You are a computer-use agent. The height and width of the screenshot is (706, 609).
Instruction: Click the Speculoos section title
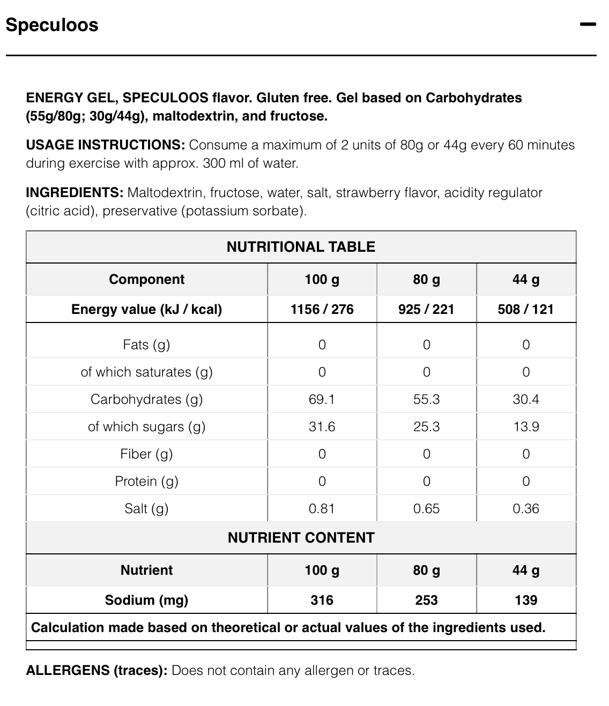pos(52,25)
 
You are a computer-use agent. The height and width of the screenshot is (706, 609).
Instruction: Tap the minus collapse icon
pos(588,24)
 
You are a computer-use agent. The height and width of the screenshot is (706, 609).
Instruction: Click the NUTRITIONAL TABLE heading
pos(301,247)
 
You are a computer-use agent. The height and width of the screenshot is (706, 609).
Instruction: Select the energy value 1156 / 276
pos(322,309)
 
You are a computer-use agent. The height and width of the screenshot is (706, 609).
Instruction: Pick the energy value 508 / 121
pos(525,309)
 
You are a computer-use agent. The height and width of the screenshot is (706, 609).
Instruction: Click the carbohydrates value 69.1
pos(322,399)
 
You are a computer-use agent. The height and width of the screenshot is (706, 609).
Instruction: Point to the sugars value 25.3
pos(426,426)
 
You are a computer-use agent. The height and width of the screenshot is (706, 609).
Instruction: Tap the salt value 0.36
pos(525,508)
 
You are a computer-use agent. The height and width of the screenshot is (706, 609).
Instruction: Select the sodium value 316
pos(322,600)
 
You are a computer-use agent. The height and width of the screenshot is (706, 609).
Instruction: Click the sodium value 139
pos(525,600)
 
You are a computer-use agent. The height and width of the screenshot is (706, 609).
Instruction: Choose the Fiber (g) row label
pos(146,454)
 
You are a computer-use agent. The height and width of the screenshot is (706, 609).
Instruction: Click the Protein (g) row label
pos(146,481)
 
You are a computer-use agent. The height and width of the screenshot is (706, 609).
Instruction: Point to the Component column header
pos(146,279)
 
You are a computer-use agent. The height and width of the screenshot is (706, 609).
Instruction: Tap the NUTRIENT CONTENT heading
pos(301,538)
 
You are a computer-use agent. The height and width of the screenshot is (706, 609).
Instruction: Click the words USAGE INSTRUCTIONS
pos(105,145)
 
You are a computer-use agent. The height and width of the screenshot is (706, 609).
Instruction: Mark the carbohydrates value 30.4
pos(525,399)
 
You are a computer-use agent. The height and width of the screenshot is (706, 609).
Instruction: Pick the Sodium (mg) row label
pos(146,600)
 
